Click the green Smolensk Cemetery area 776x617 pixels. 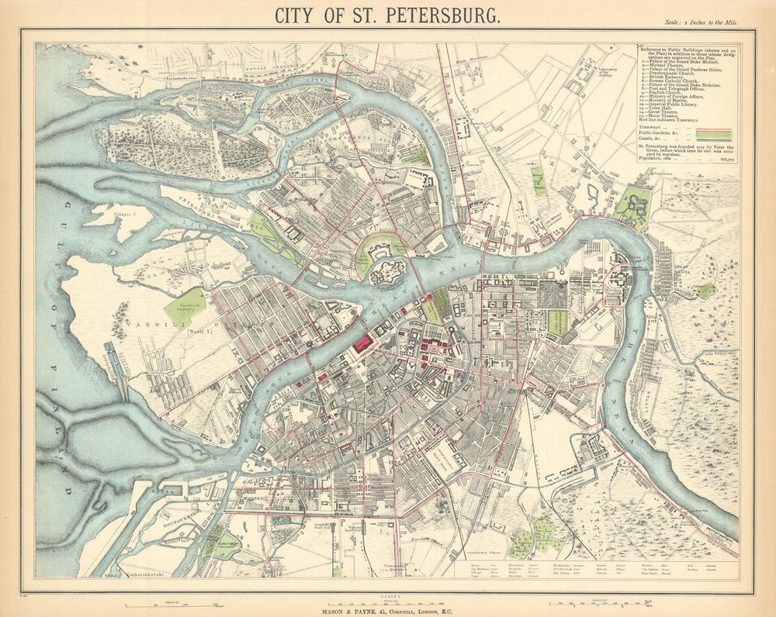point(185,307)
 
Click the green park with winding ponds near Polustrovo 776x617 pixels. point(633,206)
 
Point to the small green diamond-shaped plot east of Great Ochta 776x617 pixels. point(705,290)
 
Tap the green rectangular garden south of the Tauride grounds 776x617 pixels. point(557,322)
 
